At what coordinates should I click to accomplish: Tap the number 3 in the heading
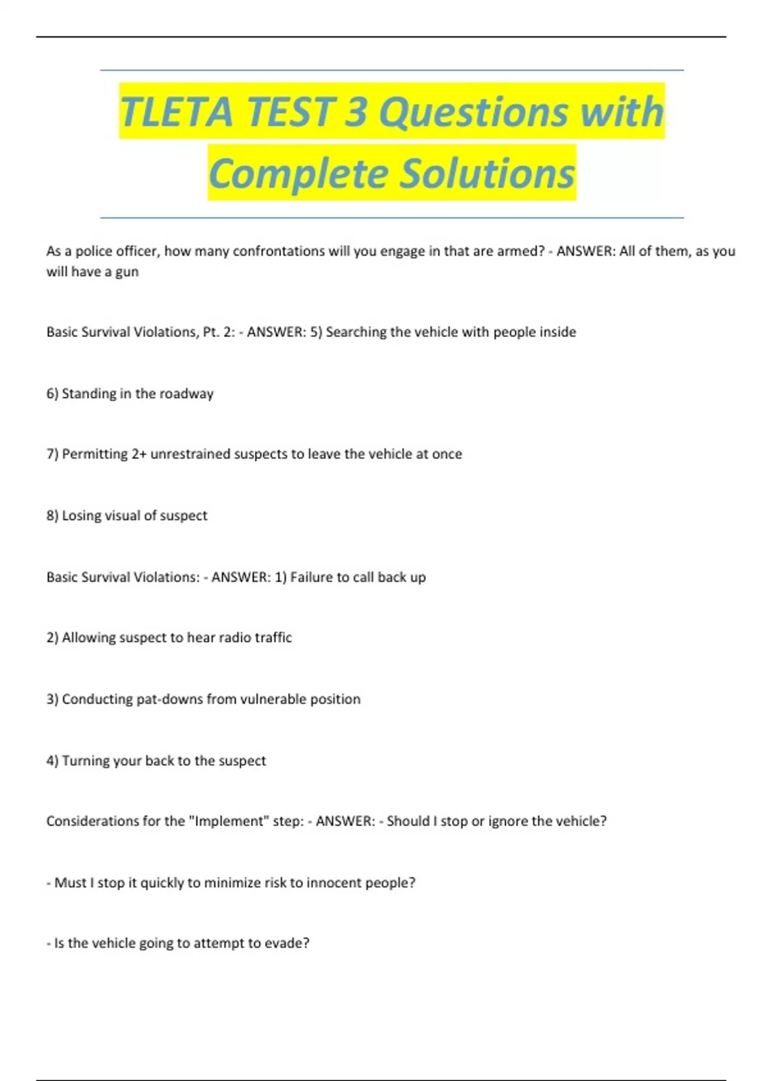[x=356, y=112]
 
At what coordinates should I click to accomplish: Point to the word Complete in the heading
[x=298, y=174]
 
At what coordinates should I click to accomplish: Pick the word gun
[x=127, y=272]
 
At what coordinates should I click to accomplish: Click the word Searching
[x=355, y=332]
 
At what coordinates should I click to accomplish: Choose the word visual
[x=122, y=516]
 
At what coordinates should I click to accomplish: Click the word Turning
[x=86, y=761]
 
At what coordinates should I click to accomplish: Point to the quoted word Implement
[x=228, y=821]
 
